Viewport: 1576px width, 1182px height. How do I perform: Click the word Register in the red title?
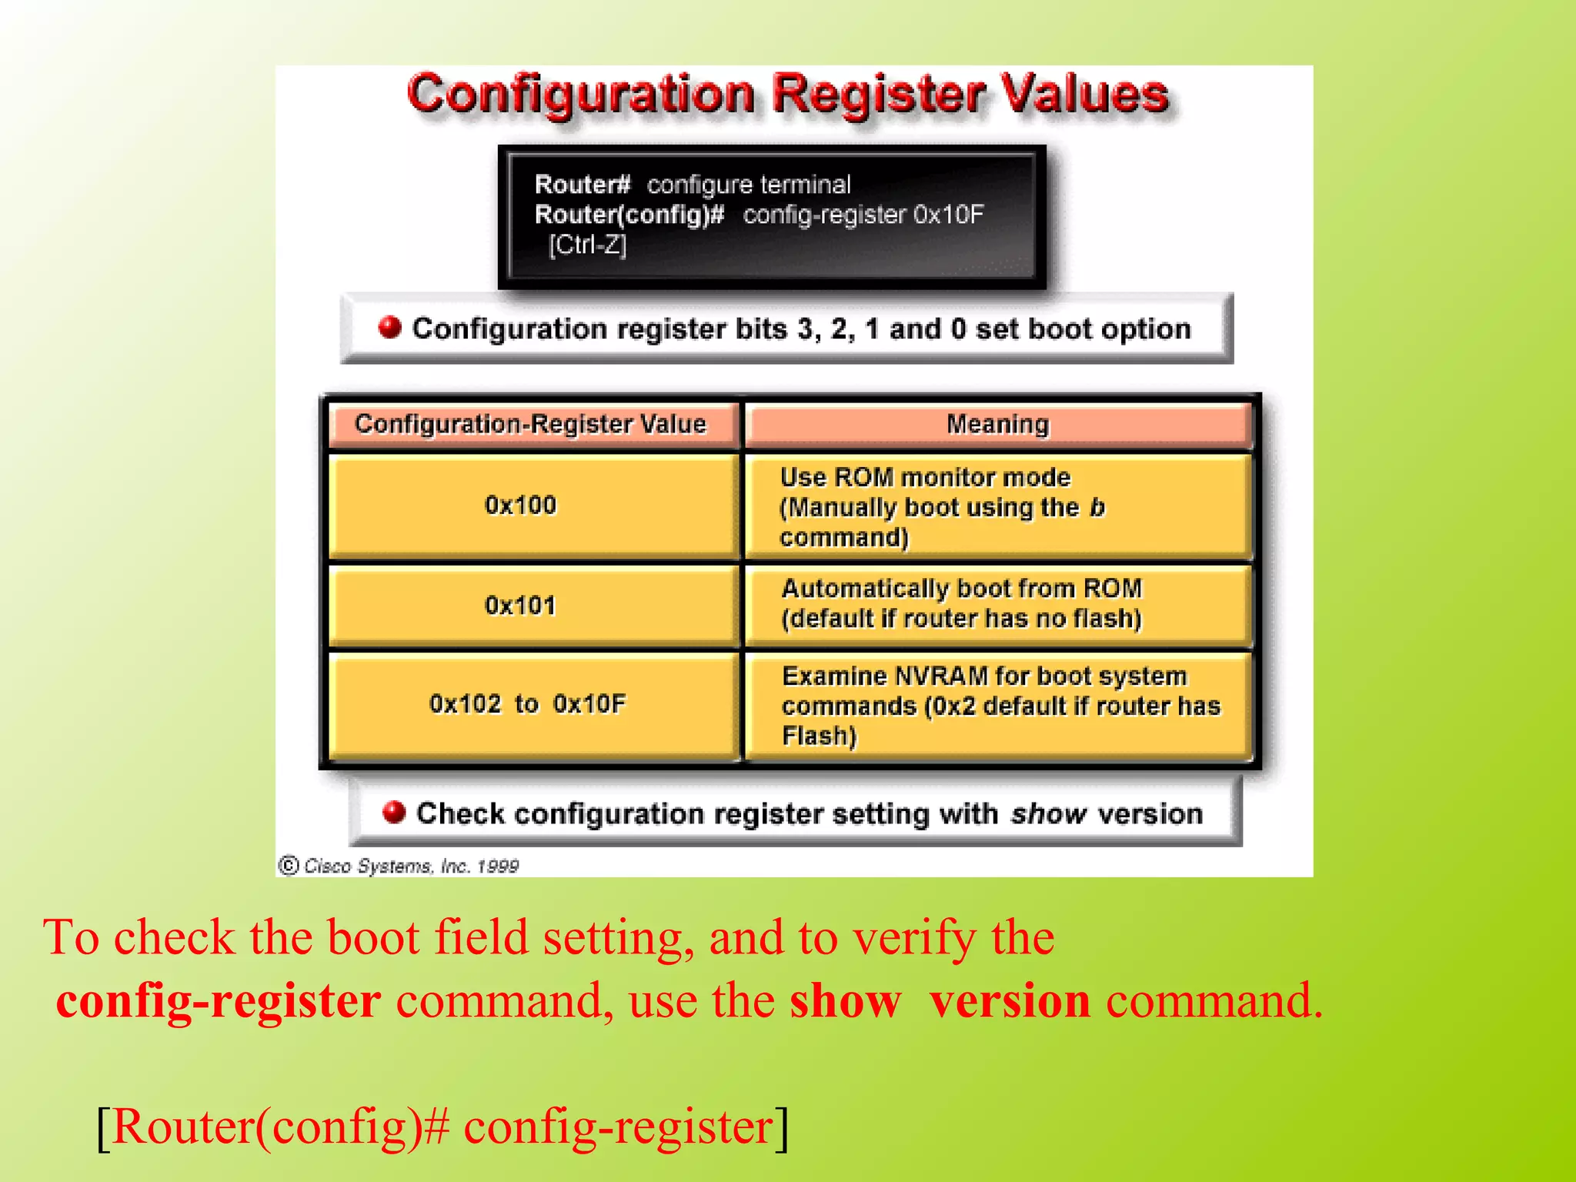[878, 95]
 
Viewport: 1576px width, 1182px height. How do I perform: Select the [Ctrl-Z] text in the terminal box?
[587, 245]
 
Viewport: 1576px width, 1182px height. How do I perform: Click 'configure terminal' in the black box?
[748, 185]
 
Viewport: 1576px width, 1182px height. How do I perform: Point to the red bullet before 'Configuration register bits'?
[390, 328]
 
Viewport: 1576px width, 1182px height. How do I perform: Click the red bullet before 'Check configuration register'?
[394, 813]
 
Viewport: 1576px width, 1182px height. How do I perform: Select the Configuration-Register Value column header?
[530, 424]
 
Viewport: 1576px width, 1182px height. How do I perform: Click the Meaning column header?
[997, 424]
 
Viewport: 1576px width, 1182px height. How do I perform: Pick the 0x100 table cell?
[520, 505]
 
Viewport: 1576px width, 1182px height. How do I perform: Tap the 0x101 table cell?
[520, 606]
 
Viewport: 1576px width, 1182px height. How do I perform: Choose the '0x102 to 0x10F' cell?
[528, 703]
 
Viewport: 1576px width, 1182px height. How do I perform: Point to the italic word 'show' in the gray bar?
[1048, 813]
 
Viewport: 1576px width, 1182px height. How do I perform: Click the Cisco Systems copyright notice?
[399, 866]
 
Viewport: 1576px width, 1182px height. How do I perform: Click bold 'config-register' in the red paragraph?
[219, 1001]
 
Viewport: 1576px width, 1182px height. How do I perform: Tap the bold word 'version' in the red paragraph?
[1010, 1001]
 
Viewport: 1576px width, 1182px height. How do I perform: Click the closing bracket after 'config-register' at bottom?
[782, 1128]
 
